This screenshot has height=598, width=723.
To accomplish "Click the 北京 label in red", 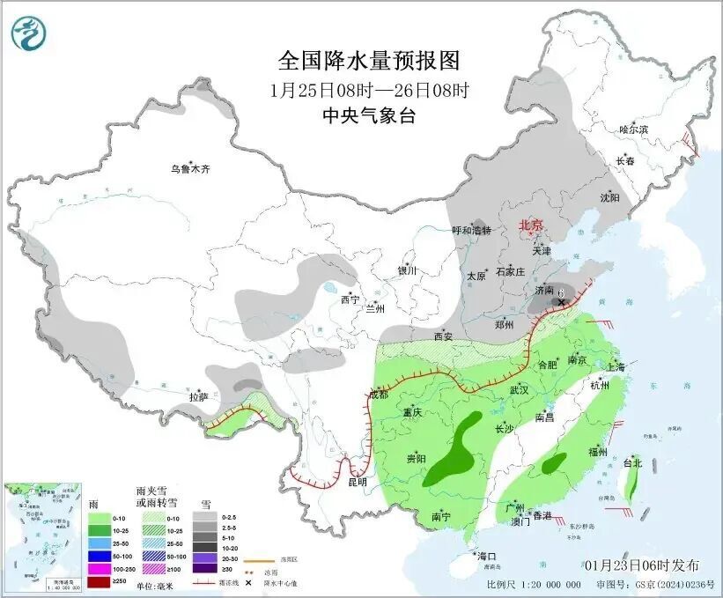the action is (531, 225).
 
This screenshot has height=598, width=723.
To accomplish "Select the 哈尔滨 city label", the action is (632, 129).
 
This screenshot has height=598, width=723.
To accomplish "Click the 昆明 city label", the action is (357, 483).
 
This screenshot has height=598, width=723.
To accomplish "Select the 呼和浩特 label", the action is (471, 231).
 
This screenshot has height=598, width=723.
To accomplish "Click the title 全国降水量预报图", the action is (369, 61).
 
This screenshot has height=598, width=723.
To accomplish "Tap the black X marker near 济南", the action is (561, 301).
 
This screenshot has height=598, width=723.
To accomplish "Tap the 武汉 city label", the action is (518, 389).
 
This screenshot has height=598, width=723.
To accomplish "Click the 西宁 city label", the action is (350, 299).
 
